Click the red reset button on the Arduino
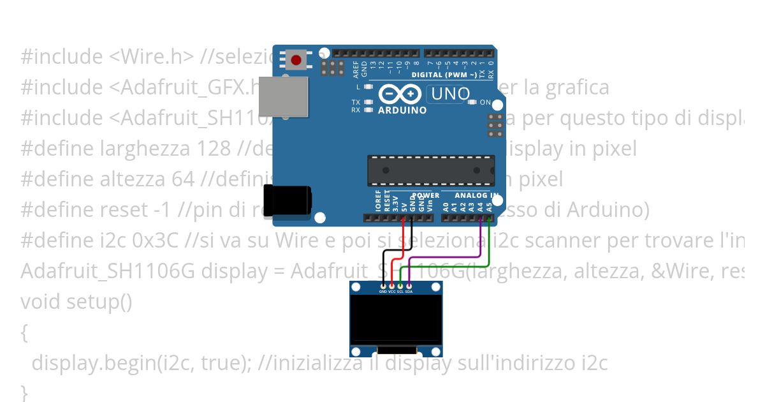click(296, 61)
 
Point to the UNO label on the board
click(451, 94)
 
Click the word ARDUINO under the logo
click(402, 110)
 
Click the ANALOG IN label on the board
click(476, 195)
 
